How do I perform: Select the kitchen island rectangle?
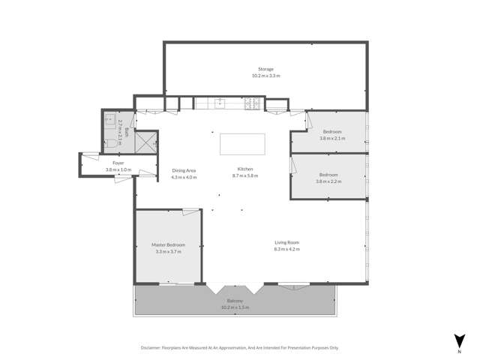[242, 143]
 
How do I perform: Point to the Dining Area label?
[184, 170]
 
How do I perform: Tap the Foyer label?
[118, 163]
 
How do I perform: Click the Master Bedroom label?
[169, 245]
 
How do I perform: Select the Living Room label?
[287, 242]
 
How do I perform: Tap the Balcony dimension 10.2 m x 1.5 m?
[235, 307]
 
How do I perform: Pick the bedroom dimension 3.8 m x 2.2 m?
[328, 181]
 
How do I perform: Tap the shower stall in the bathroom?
[148, 140]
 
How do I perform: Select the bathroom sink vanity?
[109, 119]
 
